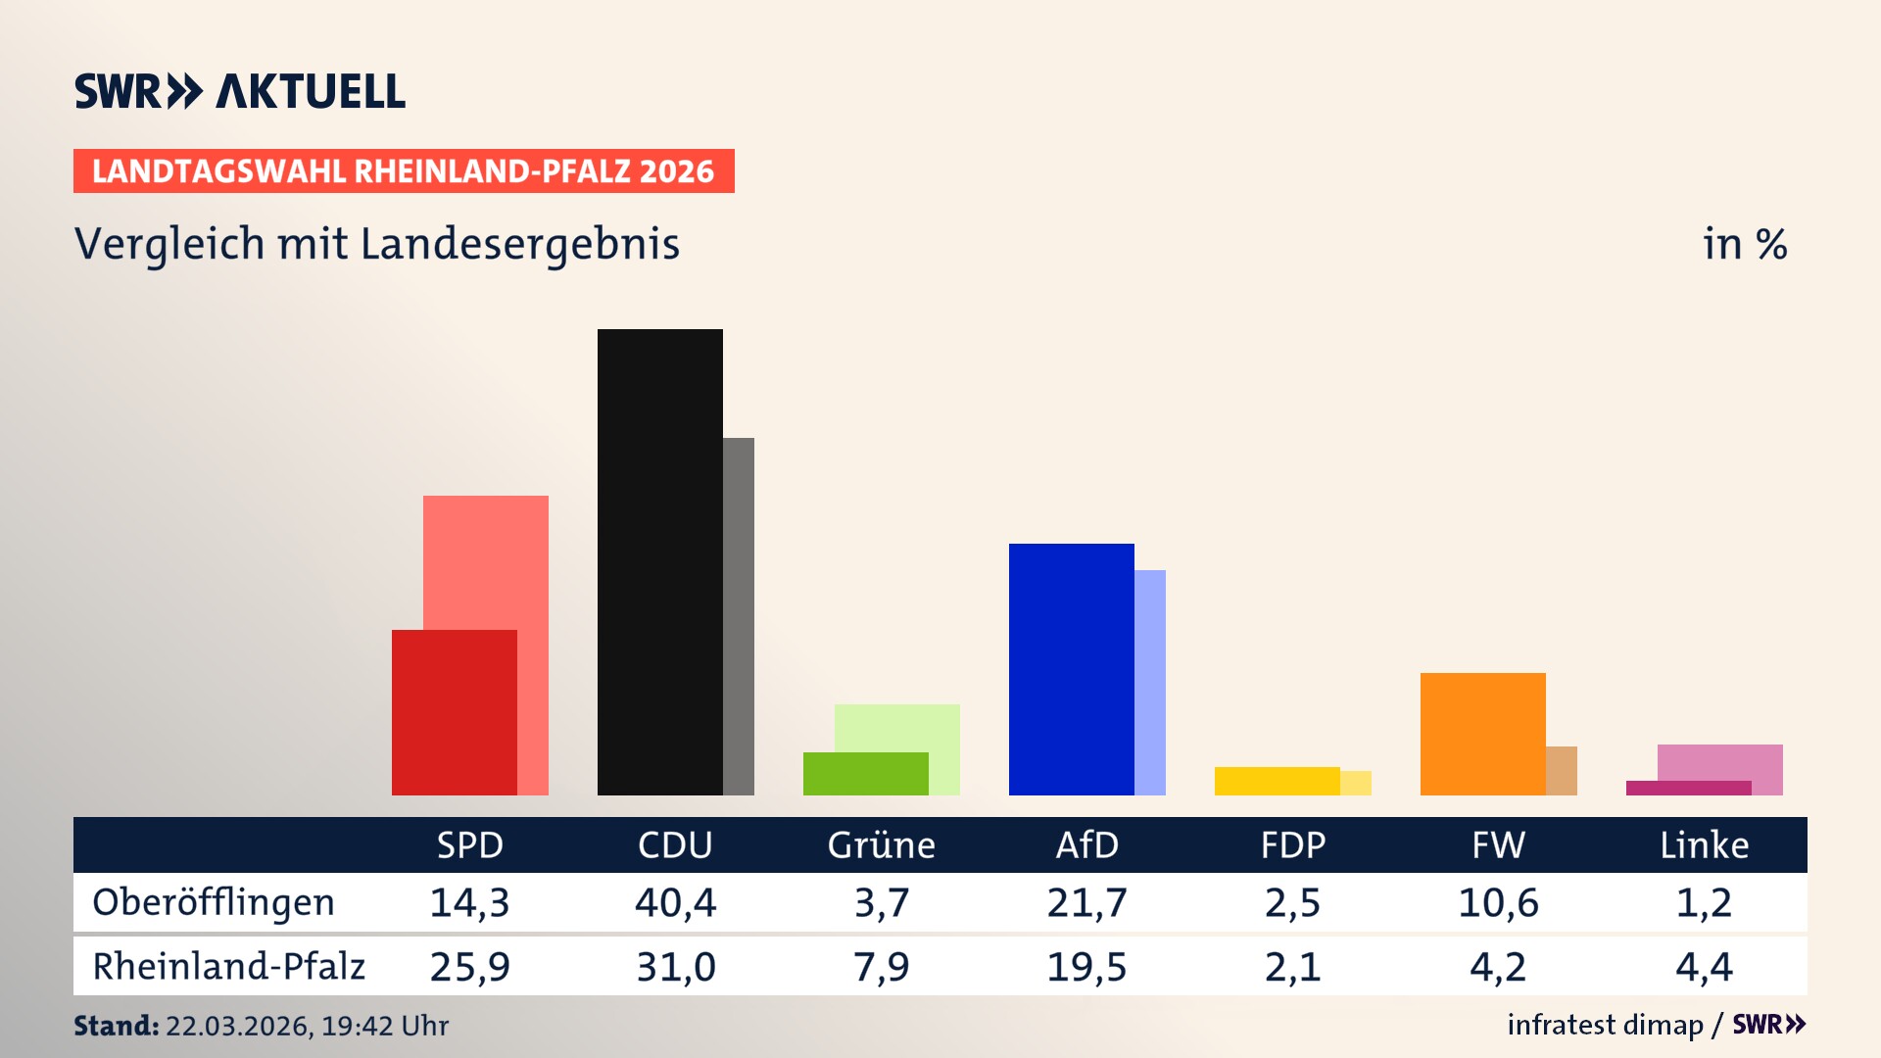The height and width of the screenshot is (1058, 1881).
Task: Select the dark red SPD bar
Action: click(454, 712)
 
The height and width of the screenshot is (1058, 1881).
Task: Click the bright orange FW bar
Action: click(1482, 734)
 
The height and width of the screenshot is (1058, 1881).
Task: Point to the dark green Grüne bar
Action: click(865, 774)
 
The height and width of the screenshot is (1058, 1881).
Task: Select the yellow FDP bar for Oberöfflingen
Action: click(1277, 781)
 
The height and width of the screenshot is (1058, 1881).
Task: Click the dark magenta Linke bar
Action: click(1688, 788)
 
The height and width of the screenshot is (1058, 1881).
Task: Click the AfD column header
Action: click(1086, 845)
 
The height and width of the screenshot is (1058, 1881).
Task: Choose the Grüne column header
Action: click(881, 845)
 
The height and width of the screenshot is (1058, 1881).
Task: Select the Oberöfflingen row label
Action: click(214, 902)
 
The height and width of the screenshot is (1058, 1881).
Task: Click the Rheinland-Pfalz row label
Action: click(228, 967)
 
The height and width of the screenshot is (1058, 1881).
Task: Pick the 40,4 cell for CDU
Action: click(675, 902)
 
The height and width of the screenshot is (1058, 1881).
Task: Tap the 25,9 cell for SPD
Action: click(469, 967)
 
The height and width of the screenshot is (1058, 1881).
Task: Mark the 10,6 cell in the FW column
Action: click(1498, 902)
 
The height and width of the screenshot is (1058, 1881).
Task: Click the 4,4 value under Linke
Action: click(1704, 967)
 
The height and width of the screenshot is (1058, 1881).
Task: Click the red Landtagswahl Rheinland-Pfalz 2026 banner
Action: click(404, 171)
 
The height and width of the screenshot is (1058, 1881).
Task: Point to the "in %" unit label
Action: click(1744, 245)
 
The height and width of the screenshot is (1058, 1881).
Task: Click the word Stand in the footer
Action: click(116, 1026)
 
